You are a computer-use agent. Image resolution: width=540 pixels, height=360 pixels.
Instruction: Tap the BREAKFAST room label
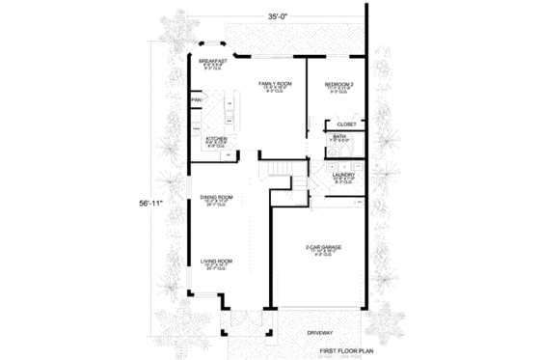[x=213, y=60]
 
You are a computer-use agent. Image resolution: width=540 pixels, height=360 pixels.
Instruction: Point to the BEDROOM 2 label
[x=340, y=84]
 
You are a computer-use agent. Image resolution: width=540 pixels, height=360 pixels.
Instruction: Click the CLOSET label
[x=347, y=125]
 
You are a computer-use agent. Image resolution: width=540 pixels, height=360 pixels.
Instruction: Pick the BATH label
[x=339, y=137]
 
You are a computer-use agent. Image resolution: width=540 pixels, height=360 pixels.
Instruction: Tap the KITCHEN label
[x=216, y=138]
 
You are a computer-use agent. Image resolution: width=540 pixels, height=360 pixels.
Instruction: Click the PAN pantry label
[x=196, y=99]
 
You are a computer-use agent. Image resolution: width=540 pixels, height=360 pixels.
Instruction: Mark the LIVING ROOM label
[x=216, y=261]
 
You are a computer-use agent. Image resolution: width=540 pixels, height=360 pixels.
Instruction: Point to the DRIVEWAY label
[x=321, y=332]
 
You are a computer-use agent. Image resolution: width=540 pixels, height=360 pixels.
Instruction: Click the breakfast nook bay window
[x=212, y=45]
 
